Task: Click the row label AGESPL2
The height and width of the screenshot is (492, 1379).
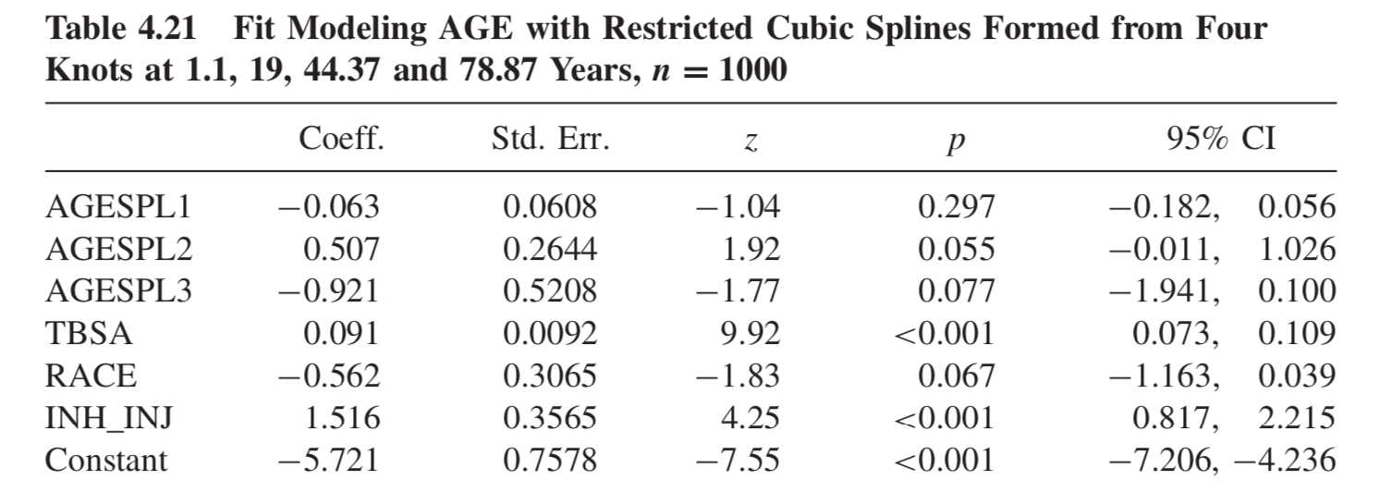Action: [x=118, y=250]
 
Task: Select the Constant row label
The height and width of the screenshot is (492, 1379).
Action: [x=106, y=460]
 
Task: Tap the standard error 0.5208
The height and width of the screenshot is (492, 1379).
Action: [x=550, y=292]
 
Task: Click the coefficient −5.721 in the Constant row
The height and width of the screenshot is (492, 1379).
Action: [x=329, y=460]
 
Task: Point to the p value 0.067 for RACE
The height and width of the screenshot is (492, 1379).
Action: [x=957, y=375]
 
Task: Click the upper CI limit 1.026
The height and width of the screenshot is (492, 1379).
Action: [x=1297, y=250]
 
